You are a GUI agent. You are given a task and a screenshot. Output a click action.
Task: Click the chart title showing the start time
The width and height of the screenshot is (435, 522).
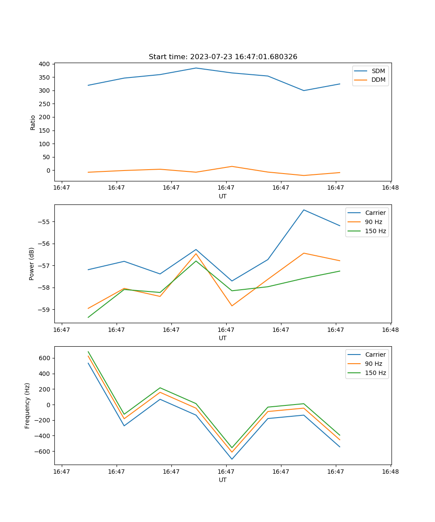(x=223, y=57)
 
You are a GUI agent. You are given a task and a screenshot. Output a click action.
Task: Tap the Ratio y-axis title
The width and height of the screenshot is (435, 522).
(x=33, y=122)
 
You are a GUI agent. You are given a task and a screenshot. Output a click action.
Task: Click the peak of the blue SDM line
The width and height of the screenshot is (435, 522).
(x=196, y=68)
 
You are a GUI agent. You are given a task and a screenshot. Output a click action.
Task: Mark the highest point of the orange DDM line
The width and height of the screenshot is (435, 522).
(x=232, y=166)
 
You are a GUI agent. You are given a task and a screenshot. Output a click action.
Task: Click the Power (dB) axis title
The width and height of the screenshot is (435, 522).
(x=32, y=264)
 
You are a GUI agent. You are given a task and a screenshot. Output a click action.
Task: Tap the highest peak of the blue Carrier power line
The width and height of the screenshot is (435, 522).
(x=304, y=210)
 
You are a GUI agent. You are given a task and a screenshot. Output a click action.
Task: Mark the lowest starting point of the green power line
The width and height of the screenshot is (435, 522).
(x=88, y=317)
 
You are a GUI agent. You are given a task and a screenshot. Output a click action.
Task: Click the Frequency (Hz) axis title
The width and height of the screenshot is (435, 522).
(x=27, y=405)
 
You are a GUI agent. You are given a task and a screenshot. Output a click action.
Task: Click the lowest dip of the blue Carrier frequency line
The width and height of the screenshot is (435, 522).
(x=232, y=459)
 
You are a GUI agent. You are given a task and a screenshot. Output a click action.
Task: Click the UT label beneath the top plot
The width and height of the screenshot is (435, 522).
(x=223, y=196)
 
